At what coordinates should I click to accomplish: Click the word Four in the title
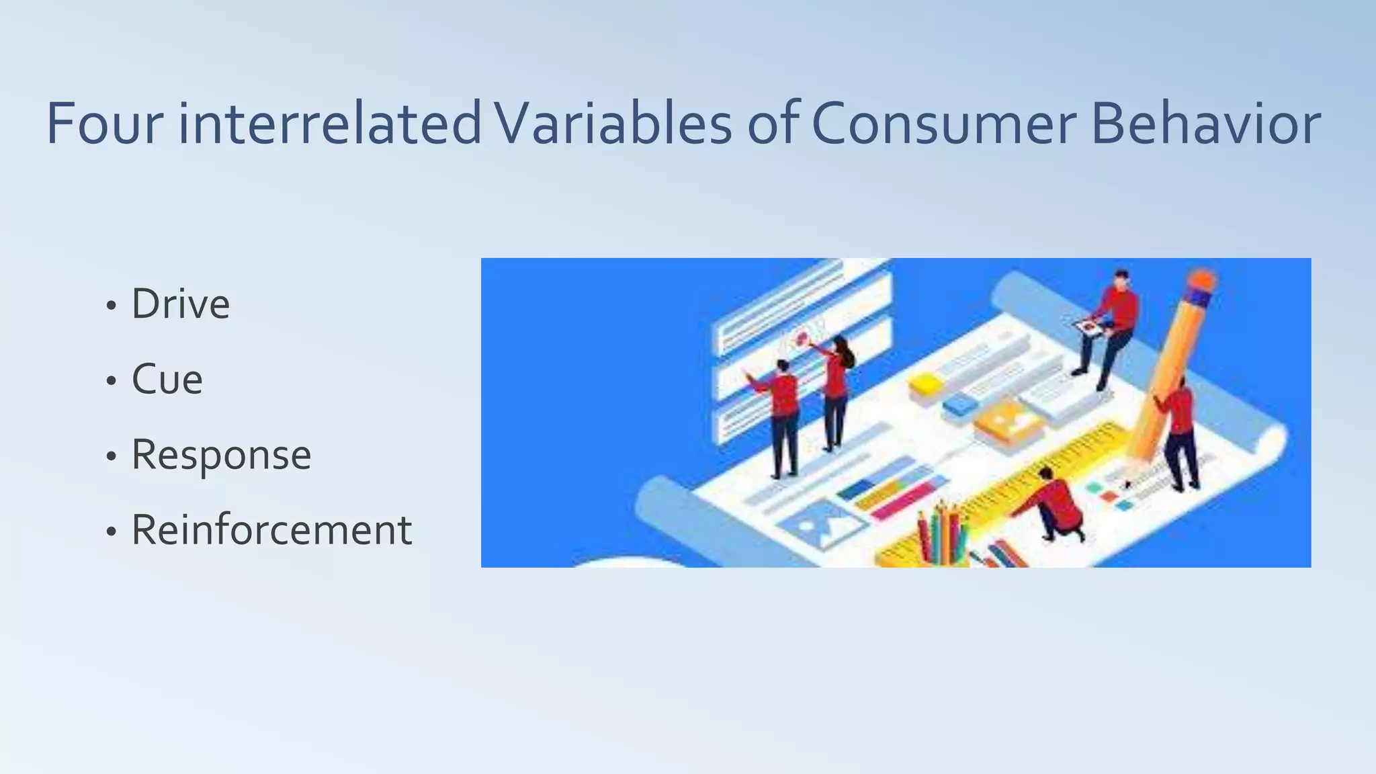105,124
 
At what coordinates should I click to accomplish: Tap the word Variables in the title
613,124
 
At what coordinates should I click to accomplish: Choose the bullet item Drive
180,304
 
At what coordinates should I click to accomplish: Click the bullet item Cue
167,380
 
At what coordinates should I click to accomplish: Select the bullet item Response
221,456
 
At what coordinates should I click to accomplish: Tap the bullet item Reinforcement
271,530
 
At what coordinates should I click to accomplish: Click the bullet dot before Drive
112,306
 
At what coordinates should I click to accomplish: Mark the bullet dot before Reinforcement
112,532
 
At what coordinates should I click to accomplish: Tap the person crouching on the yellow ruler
1055,504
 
